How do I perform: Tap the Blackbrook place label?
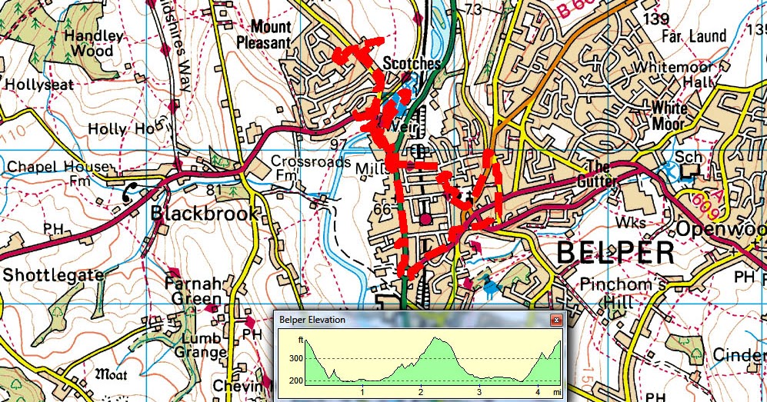pyautogui.click(x=205, y=213)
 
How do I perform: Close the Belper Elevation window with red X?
pyautogui.click(x=554, y=320)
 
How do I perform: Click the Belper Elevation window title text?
pyautogui.click(x=312, y=320)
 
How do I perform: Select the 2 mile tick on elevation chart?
pyautogui.click(x=420, y=392)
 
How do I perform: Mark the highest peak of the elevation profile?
pyautogui.click(x=437, y=337)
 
